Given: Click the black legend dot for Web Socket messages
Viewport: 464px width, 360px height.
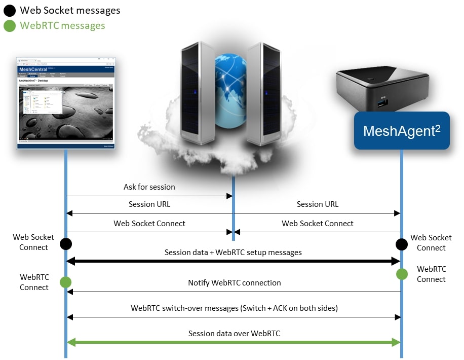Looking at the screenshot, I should (10, 10).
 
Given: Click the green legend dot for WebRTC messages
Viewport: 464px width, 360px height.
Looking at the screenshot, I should (10, 25).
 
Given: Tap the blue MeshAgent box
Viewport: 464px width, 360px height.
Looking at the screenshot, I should (401, 131).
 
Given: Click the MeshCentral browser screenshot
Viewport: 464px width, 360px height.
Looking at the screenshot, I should (66, 103).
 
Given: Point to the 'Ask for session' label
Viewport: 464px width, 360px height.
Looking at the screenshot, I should (149, 187).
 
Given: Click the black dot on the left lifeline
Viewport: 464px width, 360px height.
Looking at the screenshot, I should (65, 244).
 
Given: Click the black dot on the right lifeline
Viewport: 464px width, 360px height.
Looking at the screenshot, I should (402, 245).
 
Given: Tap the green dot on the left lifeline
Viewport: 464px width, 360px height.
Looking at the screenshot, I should (65, 282).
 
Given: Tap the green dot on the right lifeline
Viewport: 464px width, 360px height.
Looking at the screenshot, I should (402, 274).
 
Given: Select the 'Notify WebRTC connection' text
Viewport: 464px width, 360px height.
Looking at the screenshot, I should (234, 283).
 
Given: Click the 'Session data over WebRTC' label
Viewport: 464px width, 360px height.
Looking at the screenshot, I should (234, 334).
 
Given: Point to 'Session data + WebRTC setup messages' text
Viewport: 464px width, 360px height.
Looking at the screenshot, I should (233, 253).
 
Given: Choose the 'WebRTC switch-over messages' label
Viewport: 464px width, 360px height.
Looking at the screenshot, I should (234, 308).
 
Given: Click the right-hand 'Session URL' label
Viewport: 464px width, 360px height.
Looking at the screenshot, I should (318, 204).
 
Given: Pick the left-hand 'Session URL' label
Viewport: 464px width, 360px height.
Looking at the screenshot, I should (149, 204).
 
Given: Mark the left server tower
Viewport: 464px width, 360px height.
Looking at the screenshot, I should (198, 91).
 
